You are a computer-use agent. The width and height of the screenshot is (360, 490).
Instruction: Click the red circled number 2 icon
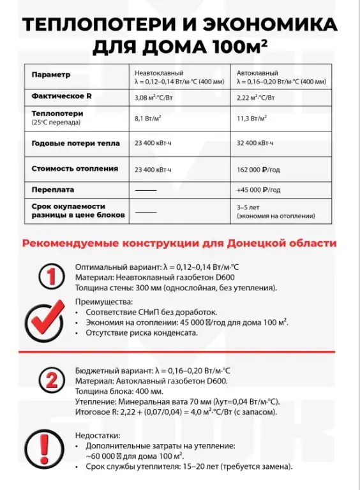coord(49,380)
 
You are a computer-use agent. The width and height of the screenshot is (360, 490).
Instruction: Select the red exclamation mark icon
coord(45,447)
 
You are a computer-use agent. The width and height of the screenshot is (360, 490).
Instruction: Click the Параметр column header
coord(50,75)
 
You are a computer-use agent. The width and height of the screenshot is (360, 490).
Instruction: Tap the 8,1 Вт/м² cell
coord(147,118)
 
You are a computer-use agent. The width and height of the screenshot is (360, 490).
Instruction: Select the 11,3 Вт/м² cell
coord(251,118)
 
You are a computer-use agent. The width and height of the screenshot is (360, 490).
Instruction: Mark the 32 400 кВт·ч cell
coord(255,144)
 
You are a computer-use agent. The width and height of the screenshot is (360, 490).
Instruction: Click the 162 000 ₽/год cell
coord(259,169)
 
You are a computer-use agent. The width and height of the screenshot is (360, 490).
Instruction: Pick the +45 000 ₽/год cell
coord(259,189)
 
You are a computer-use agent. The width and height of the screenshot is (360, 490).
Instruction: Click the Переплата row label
coord(53,189)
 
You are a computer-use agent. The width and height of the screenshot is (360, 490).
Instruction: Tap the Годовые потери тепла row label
coord(75,144)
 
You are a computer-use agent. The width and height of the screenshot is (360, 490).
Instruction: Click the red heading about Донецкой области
coord(179,243)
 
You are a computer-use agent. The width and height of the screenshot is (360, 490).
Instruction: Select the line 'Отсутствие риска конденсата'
coord(136,332)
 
